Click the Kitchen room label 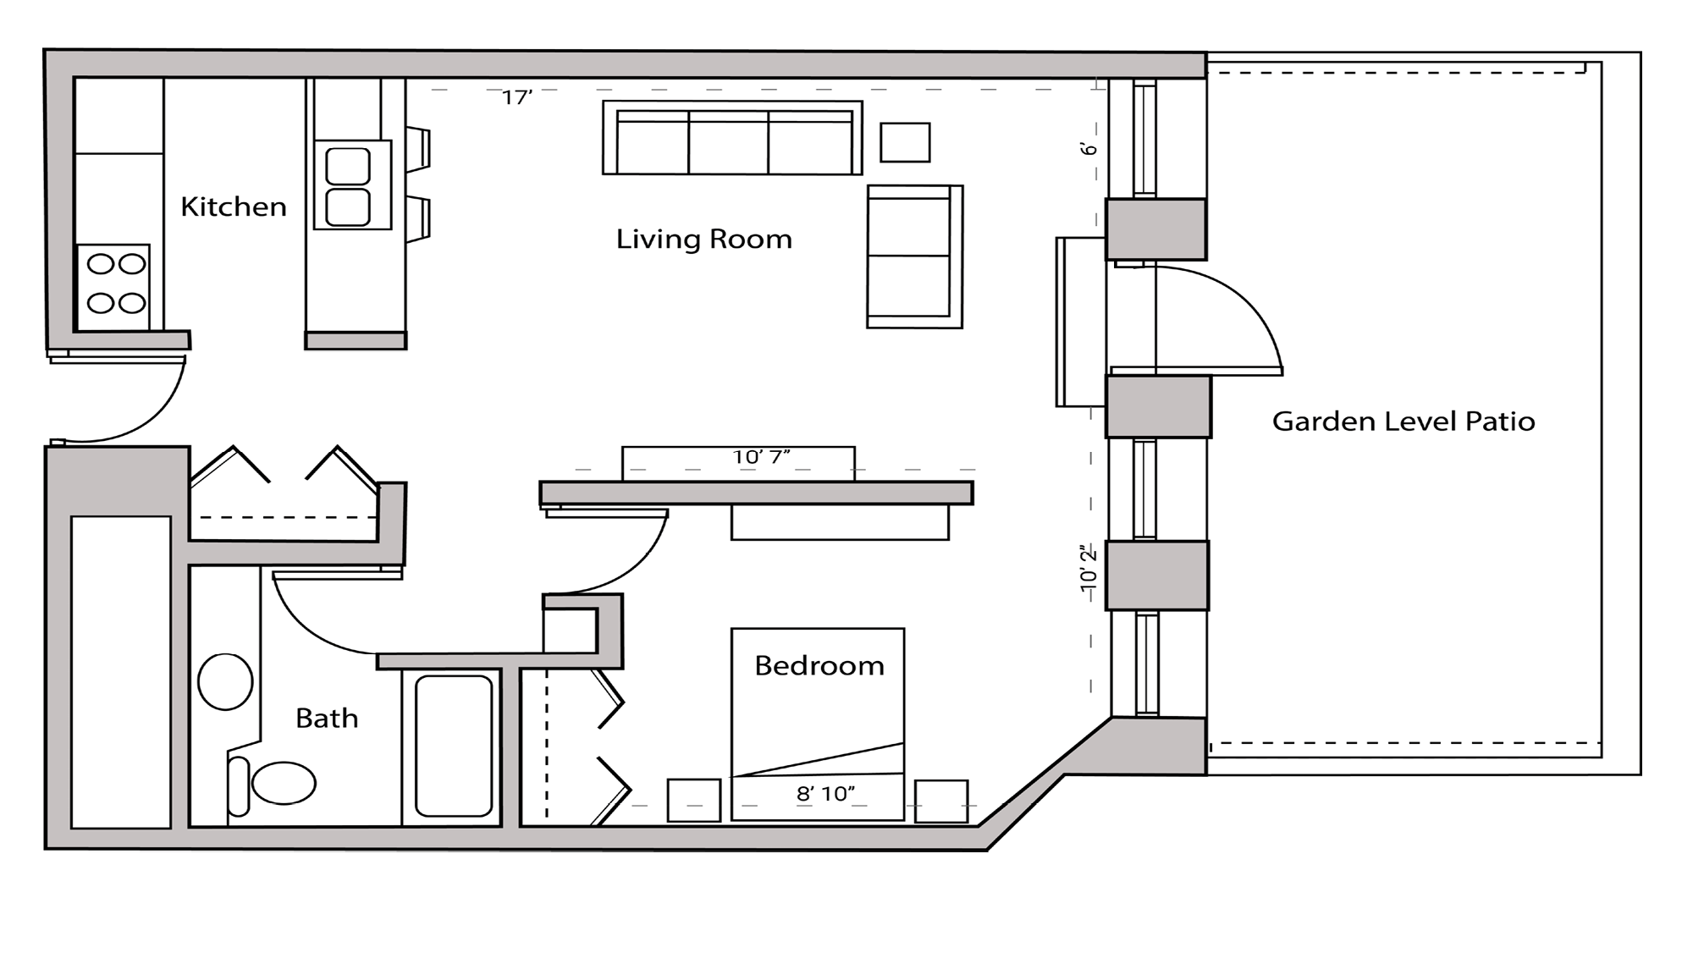234,207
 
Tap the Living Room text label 703,240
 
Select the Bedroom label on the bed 819,666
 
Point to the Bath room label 327,719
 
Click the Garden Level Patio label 1403,421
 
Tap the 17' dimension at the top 516,98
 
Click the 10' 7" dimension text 761,458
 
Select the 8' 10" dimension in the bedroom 825,794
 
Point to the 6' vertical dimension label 1089,148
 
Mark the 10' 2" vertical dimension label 1089,569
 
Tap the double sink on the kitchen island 349,186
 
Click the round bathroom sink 225,682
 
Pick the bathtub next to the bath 453,745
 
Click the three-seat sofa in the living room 732,140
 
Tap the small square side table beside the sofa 905,142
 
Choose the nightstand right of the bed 940,801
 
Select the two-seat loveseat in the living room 913,256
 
